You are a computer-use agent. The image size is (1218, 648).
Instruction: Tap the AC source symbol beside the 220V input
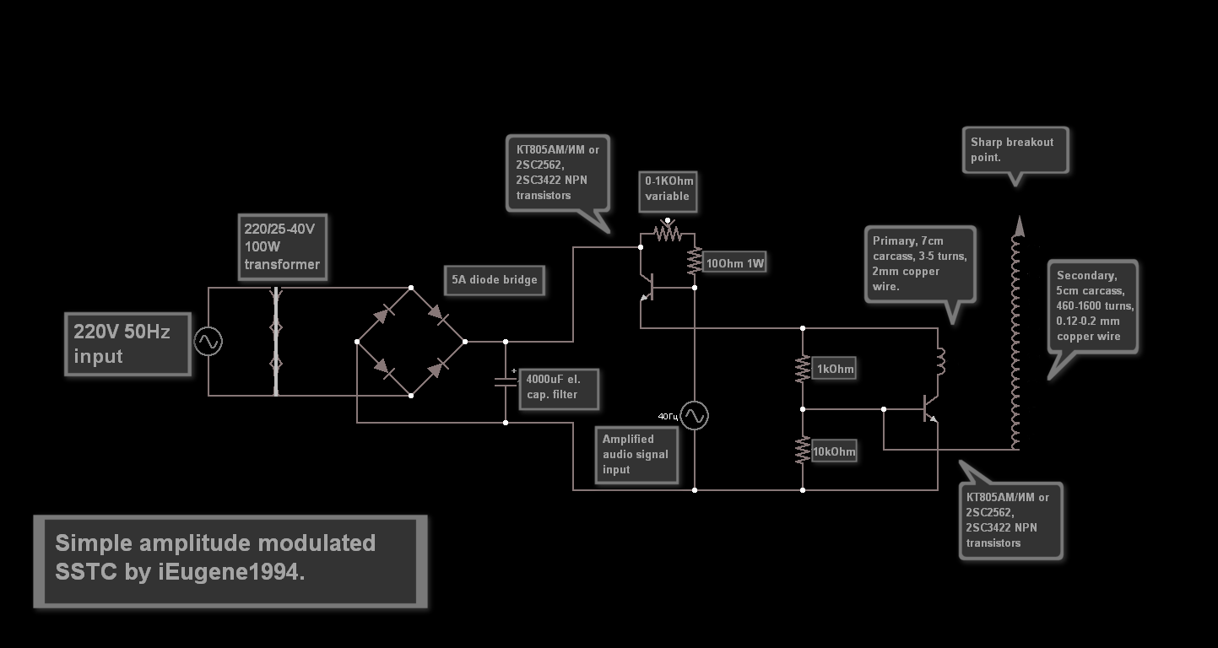pyautogui.click(x=208, y=342)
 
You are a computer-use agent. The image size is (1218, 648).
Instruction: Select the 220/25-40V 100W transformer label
pyautogui.click(x=282, y=246)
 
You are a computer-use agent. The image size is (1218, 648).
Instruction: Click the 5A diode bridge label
pyautogui.click(x=495, y=280)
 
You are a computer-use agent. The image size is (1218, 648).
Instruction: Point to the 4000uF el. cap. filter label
pyautogui.click(x=559, y=387)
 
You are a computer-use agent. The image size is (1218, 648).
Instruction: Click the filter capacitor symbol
pyautogui.click(x=506, y=380)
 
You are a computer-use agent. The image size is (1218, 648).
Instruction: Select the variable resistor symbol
pyautogui.click(x=668, y=233)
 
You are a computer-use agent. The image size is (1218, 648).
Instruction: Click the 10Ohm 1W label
pyautogui.click(x=734, y=263)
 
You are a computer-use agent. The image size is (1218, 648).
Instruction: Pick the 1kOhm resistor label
pyautogui.click(x=835, y=369)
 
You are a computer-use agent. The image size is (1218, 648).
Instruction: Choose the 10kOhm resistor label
pyautogui.click(x=834, y=452)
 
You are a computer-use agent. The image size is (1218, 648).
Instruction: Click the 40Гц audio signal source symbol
pyautogui.click(x=695, y=415)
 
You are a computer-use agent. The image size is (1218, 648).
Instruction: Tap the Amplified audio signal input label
pyautogui.click(x=636, y=454)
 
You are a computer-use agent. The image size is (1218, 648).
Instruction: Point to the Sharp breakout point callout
pyautogui.click(x=1015, y=150)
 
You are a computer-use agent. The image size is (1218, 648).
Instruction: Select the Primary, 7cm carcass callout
pyautogui.click(x=920, y=263)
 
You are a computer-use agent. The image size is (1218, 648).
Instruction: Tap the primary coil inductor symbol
pyautogui.click(x=940, y=361)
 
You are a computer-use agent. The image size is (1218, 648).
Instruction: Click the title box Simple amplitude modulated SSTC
pyautogui.click(x=230, y=561)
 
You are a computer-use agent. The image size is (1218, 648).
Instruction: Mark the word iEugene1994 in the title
pyautogui.click(x=229, y=572)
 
